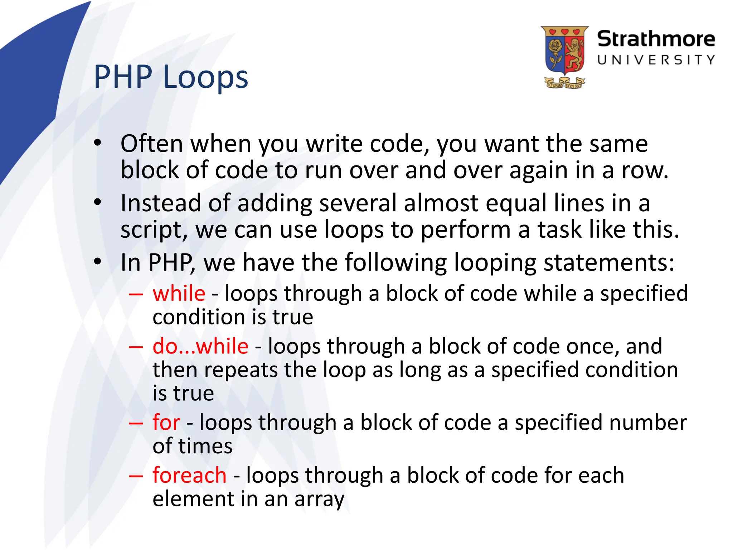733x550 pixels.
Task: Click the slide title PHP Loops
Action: coord(171,77)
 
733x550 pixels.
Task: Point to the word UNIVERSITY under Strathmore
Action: coord(656,60)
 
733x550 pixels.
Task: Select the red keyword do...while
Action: coord(200,346)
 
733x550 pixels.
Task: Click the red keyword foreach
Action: coord(189,475)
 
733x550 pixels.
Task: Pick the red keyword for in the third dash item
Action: coord(166,422)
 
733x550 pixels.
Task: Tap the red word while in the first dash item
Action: coord(179,294)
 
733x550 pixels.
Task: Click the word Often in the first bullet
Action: coord(152,144)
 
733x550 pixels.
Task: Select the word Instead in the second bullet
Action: coord(161,203)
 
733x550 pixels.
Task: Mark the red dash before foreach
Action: coord(136,476)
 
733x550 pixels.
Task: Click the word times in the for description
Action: coord(205,446)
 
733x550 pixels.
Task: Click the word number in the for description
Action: coord(648,422)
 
